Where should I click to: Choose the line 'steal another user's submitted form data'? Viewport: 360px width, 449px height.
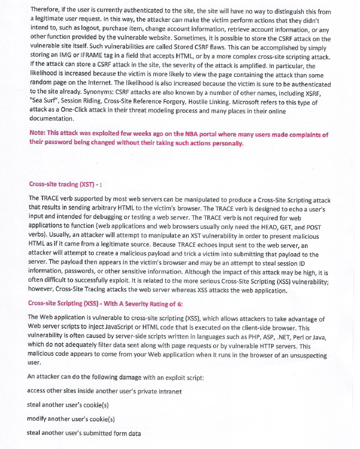tap(84, 433)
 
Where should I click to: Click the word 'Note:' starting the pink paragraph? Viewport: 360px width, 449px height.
tap(38, 135)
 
